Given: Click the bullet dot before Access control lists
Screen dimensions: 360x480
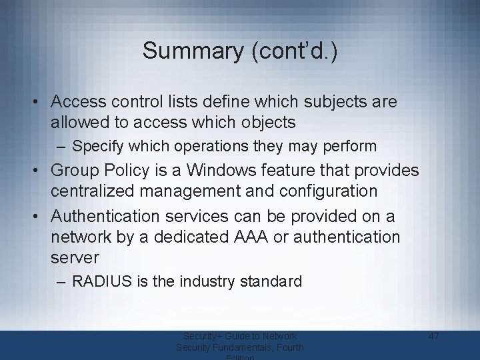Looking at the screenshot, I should coord(38,103).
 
